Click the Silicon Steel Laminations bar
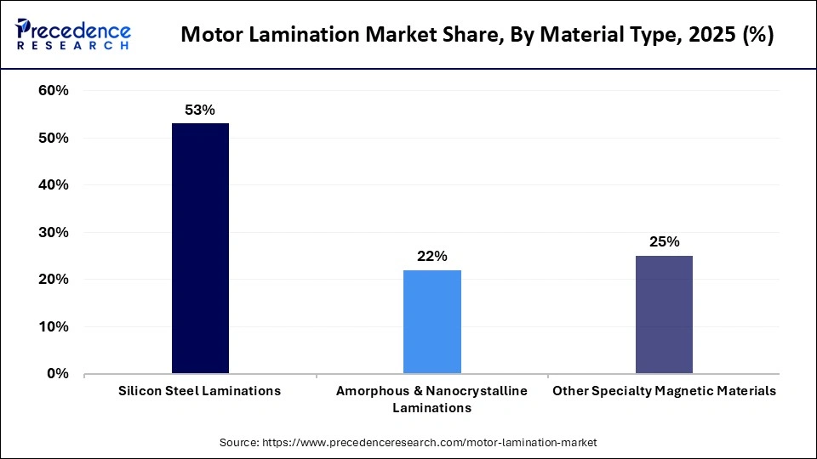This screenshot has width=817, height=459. (x=200, y=248)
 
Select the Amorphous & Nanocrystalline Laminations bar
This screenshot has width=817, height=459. (x=431, y=321)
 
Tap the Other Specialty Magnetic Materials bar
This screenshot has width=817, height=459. (x=664, y=314)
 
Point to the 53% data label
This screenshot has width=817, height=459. (x=200, y=110)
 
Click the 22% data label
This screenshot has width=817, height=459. (x=431, y=256)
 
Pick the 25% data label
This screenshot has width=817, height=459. (x=664, y=241)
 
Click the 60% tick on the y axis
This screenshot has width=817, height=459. (x=53, y=91)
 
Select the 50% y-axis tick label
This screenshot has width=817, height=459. (x=53, y=138)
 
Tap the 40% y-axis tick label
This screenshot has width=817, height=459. (x=53, y=185)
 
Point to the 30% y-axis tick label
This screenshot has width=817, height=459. (x=53, y=232)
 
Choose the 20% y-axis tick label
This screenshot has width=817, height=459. (x=53, y=280)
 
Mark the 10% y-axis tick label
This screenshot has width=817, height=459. (x=53, y=326)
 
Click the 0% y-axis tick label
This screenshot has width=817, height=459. (x=57, y=374)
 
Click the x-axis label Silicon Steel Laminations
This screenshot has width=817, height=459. (x=200, y=391)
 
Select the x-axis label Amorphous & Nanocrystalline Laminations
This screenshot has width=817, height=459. (x=431, y=399)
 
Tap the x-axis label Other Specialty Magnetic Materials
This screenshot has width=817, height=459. (x=664, y=391)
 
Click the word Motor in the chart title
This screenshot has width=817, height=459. (x=213, y=37)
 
